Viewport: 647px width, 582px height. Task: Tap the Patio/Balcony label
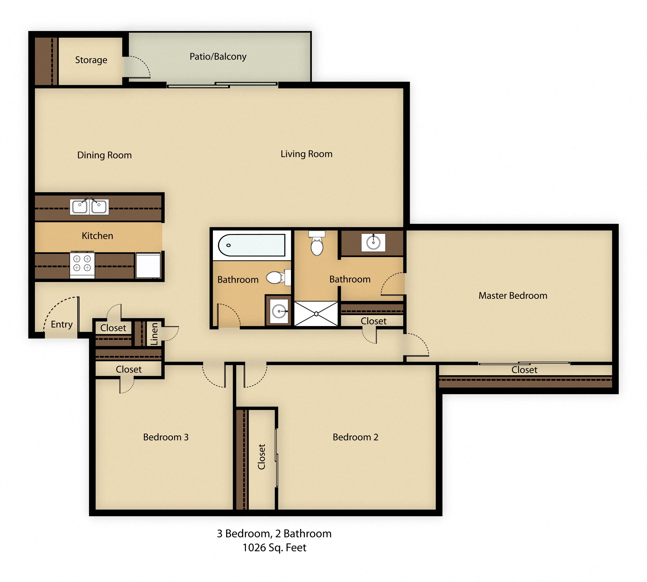pos(218,57)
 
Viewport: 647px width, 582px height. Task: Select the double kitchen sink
pos(89,207)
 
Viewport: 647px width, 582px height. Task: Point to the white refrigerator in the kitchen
pos(148,265)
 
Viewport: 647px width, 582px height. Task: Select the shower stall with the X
pos(316,314)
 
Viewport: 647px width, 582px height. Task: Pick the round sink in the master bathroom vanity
pos(373,242)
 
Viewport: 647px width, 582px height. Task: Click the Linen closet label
pos(154,333)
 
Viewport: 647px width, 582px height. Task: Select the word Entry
pos(62,324)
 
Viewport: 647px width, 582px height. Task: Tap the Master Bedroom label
pos(513,295)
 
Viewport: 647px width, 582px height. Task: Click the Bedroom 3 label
pos(166,437)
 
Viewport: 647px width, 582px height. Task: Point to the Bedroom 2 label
pos(355,437)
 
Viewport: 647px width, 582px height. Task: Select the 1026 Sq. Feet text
pos(274,547)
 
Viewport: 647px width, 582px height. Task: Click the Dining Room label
pos(104,155)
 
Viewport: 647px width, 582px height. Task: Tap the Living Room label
pos(306,154)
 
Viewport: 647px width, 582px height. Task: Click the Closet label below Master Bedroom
pos(524,370)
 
